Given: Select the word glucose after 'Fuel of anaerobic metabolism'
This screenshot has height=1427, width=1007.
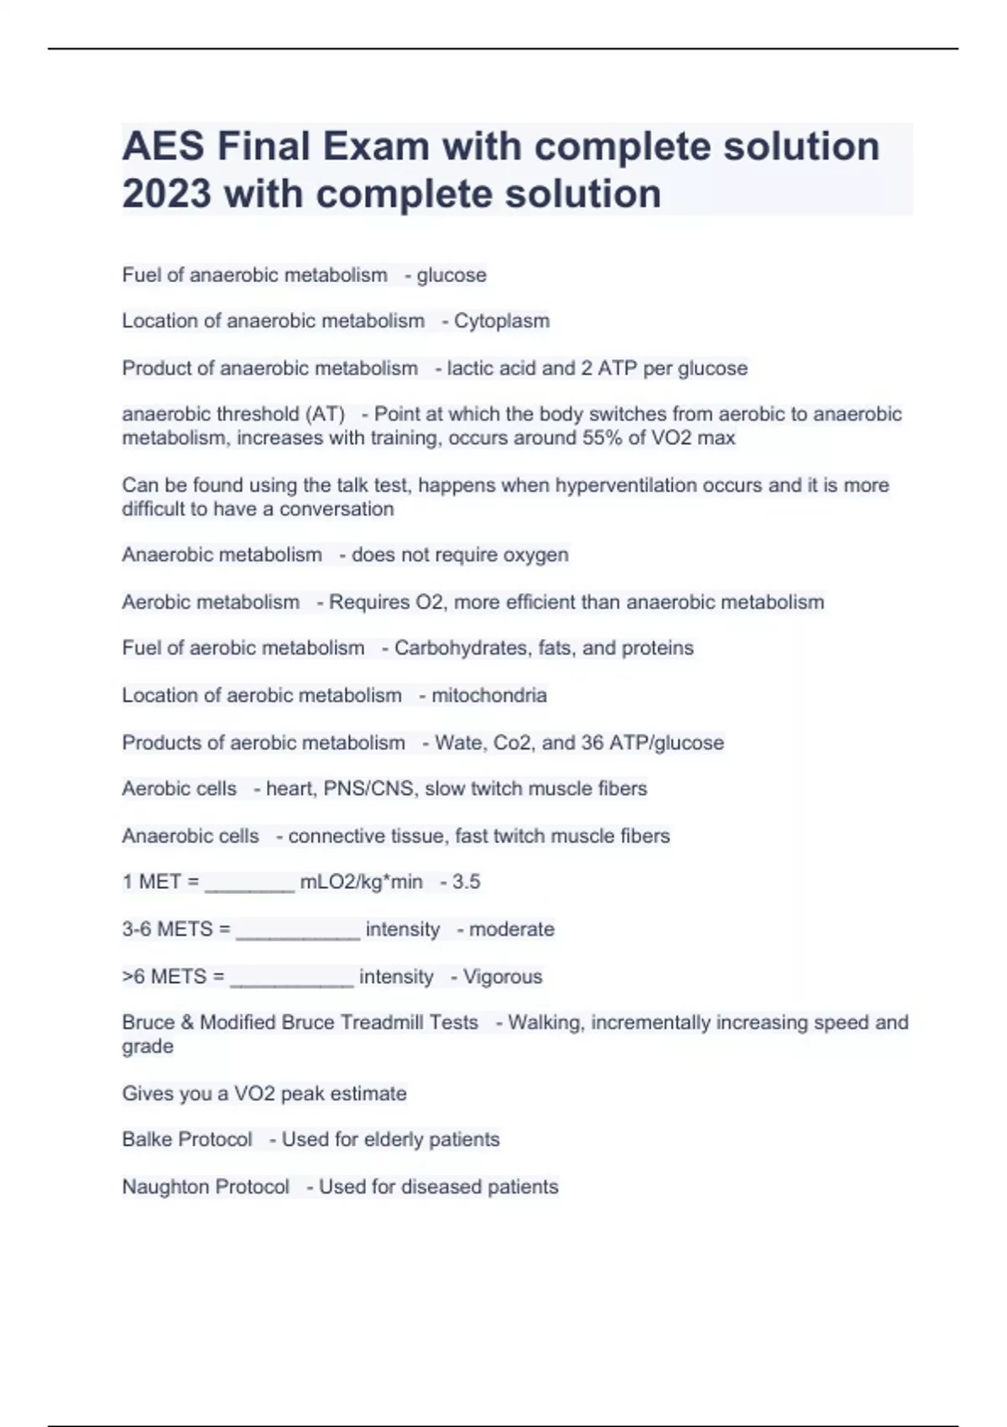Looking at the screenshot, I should [x=451, y=275].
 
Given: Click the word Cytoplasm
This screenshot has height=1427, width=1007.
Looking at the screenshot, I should [x=502, y=321].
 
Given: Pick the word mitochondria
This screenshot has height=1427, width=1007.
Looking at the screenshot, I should [x=489, y=695].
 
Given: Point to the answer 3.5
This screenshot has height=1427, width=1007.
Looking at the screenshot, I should [x=466, y=882].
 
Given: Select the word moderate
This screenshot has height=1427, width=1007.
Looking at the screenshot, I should [x=512, y=929].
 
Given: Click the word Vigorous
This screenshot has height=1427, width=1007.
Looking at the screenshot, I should [x=503, y=977].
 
